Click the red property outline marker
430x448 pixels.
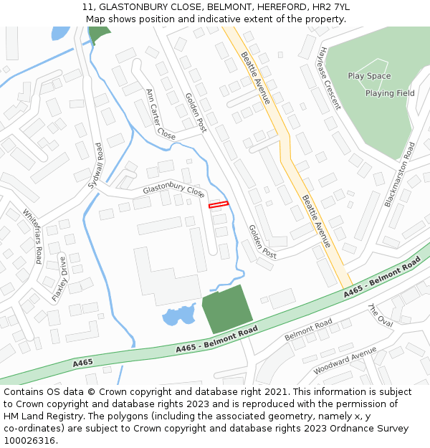click(x=218, y=205)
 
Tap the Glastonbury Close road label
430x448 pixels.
click(x=173, y=190)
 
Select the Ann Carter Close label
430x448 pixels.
click(x=161, y=115)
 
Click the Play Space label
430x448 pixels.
click(x=369, y=76)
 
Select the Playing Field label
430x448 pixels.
click(x=390, y=93)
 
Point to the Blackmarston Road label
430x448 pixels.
click(x=399, y=174)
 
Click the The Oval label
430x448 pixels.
click(x=380, y=315)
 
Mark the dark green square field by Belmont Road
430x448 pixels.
click(x=226, y=309)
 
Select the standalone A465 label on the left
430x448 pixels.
click(x=82, y=363)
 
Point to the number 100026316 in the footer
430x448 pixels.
click(x=29, y=440)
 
